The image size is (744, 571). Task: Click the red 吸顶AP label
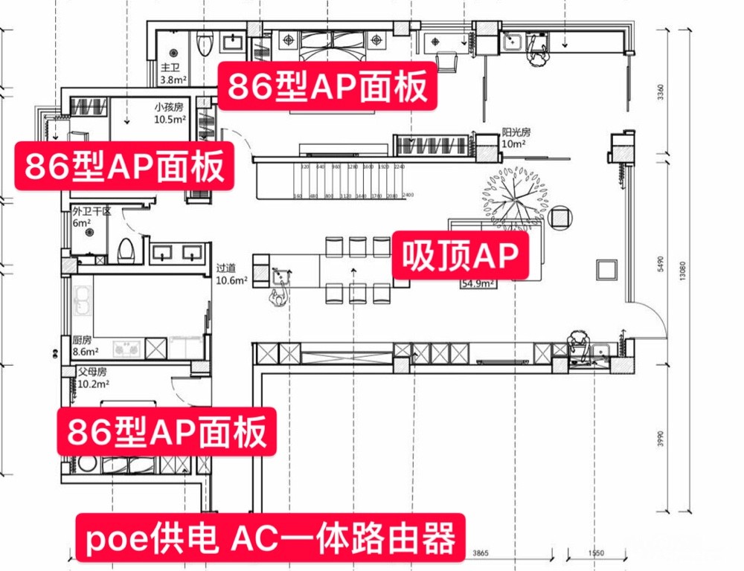pyautogui.click(x=459, y=257)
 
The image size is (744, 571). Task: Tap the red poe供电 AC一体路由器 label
pyautogui.click(x=271, y=538)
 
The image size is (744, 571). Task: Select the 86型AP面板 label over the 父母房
pyautogui.click(x=167, y=431)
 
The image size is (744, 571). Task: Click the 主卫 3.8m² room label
pyautogui.click(x=173, y=74)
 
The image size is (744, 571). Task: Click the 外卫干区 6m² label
pyautogui.click(x=91, y=217)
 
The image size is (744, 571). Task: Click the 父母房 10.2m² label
pyautogui.click(x=93, y=378)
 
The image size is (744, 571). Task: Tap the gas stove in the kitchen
pyautogui.click(x=126, y=347)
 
